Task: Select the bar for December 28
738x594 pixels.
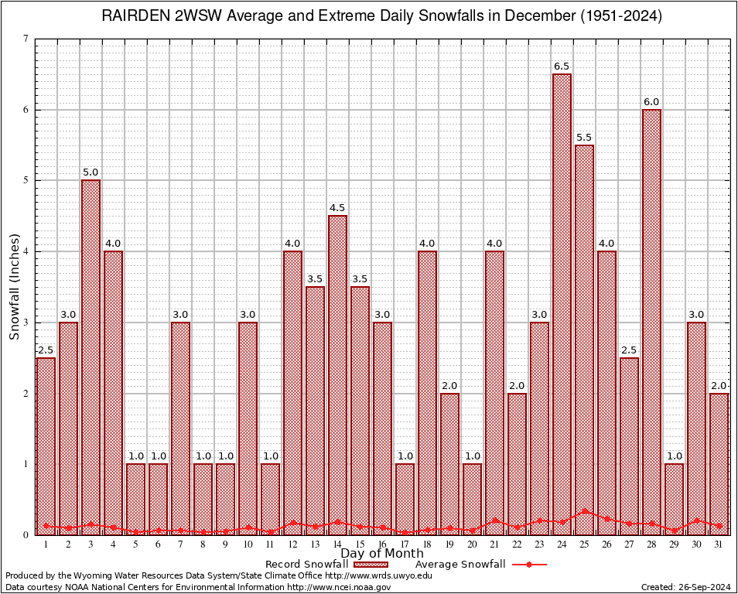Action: coord(652,322)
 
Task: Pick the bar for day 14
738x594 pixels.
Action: coord(337,375)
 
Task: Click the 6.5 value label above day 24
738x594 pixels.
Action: coord(562,67)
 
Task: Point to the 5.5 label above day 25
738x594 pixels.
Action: coord(585,138)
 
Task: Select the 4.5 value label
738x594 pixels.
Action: coord(337,208)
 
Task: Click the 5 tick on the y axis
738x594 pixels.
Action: coord(26,180)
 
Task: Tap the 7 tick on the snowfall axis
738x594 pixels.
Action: coord(26,39)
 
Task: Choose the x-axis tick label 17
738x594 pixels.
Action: coord(405,544)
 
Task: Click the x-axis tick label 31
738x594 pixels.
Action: coord(719,544)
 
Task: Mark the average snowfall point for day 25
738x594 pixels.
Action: coord(585,511)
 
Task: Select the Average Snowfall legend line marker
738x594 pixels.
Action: coord(528,565)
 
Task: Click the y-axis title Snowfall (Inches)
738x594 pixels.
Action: coord(15,287)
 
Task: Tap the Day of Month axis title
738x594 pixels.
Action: coord(382,554)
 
